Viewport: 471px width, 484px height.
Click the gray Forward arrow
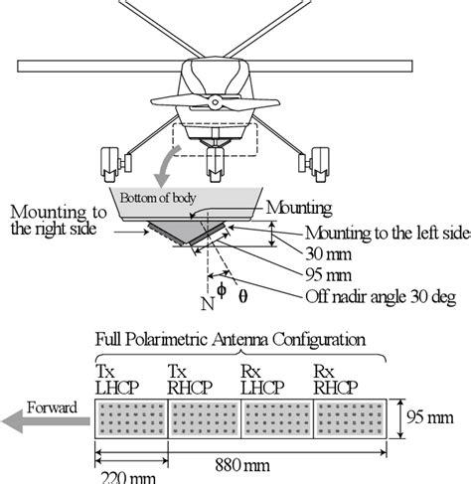[x=45, y=421]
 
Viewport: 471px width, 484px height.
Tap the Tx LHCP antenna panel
[x=133, y=419]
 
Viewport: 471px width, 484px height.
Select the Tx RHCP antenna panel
[x=206, y=419]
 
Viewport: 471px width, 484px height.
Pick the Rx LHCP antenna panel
[x=277, y=419]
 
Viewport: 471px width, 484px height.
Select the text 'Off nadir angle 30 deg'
[x=383, y=294]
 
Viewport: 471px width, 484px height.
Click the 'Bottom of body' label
[x=160, y=197]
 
